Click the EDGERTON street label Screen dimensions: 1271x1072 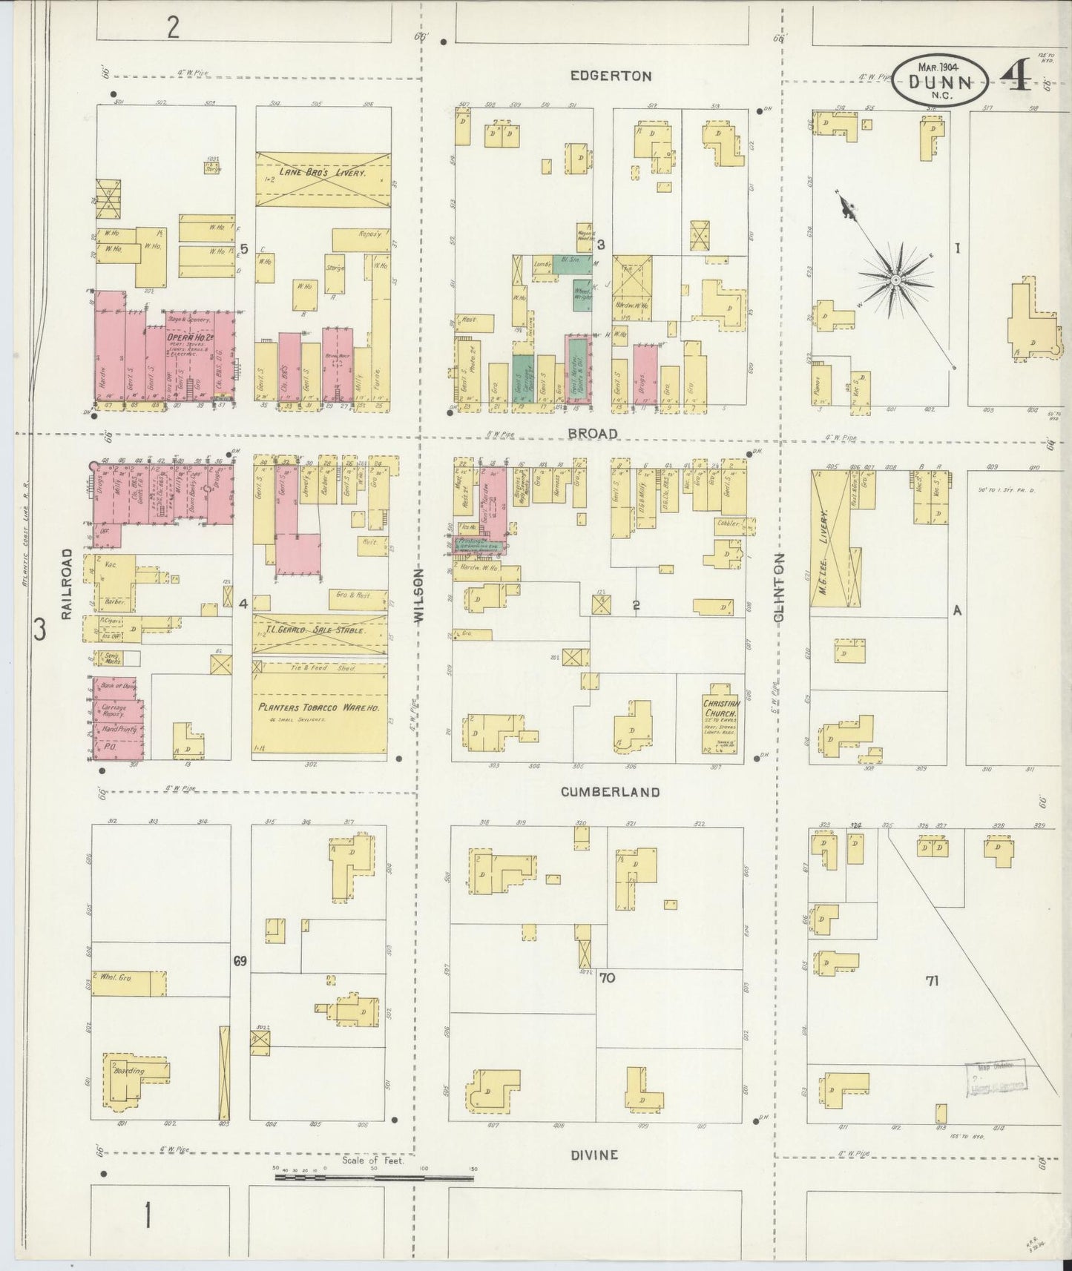click(x=611, y=76)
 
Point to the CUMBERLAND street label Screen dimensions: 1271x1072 click(x=610, y=792)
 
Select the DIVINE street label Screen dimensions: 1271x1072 click(x=593, y=1155)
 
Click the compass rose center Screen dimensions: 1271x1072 click(x=896, y=280)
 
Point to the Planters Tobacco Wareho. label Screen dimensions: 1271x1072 click(x=319, y=708)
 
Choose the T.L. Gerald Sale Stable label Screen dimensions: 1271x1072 click(x=320, y=630)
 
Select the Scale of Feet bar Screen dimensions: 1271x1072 click(x=374, y=1176)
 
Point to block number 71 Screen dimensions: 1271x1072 click(x=932, y=980)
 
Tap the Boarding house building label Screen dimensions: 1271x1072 click(x=128, y=1071)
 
